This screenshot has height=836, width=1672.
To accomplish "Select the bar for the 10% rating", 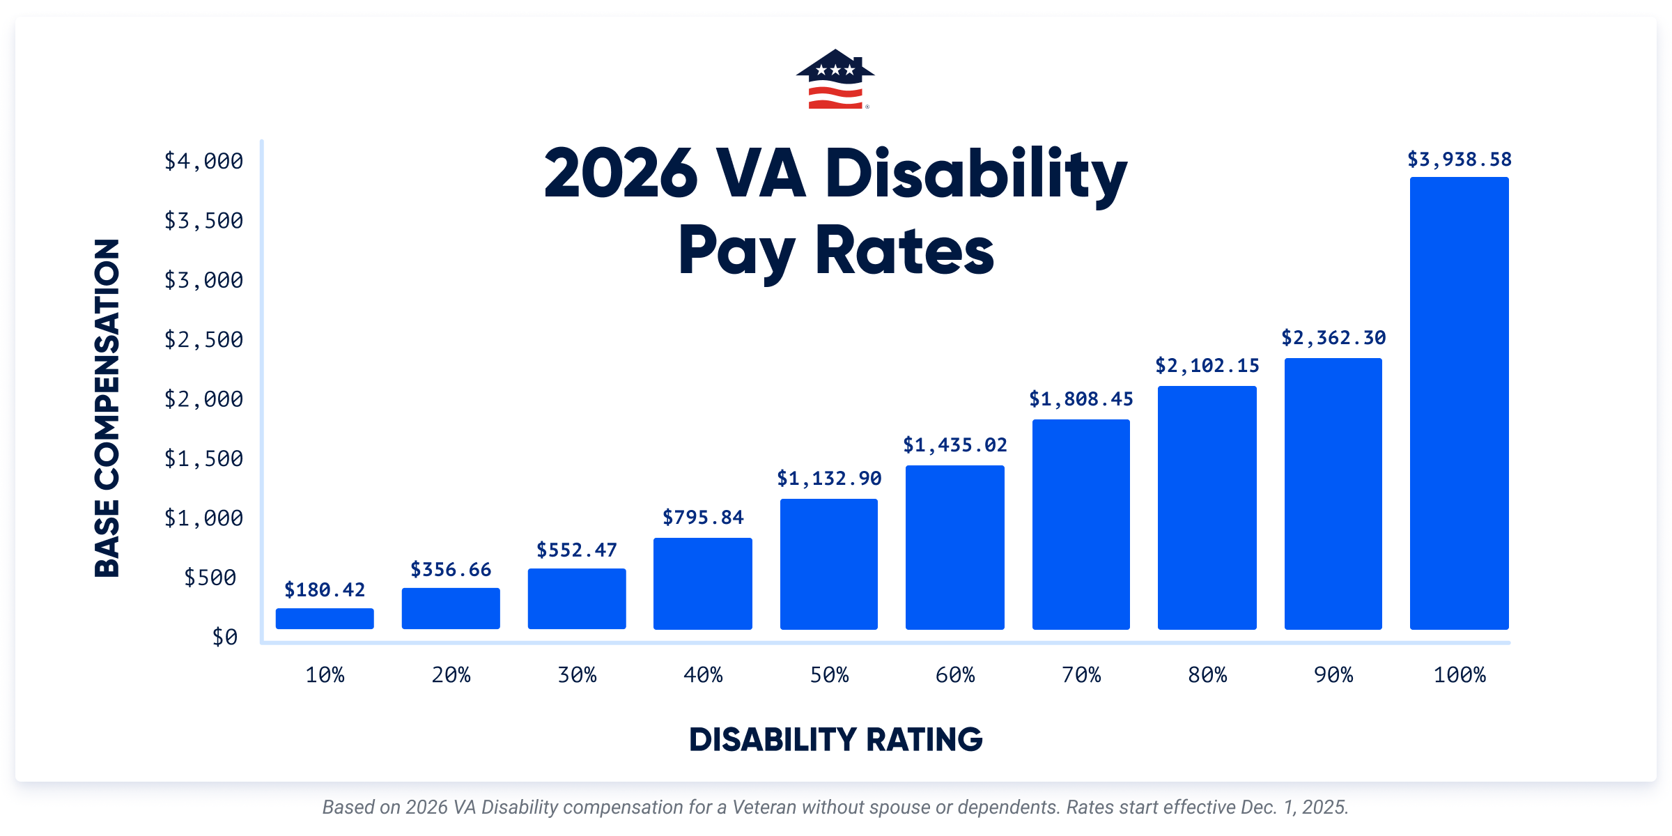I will [325, 619].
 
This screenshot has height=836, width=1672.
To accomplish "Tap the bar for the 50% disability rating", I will [828, 564].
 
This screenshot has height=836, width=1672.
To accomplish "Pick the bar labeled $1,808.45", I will [1081, 524].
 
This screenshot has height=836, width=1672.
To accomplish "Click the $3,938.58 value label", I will [1459, 160].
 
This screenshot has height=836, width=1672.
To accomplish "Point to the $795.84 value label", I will [703, 518].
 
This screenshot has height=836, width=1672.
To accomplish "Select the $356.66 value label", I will [451, 570].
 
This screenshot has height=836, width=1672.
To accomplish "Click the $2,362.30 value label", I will [1333, 338].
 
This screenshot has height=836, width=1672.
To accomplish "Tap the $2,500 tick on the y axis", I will [203, 340].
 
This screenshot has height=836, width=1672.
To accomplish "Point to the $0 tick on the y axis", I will [224, 637].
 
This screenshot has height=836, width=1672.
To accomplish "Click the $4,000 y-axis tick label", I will [203, 162].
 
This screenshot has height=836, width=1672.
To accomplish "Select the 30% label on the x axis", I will [577, 675].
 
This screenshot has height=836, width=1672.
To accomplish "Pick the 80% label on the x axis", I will [1207, 675].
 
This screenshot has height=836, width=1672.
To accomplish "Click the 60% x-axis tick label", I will [954, 675].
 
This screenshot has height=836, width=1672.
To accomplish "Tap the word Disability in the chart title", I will [975, 174].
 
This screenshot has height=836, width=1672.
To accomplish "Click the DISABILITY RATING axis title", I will [835, 740].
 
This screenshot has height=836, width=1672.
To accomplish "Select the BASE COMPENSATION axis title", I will [107, 408].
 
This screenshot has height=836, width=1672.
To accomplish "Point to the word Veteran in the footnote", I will [764, 807].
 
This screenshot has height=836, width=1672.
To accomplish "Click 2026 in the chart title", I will [620, 174].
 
